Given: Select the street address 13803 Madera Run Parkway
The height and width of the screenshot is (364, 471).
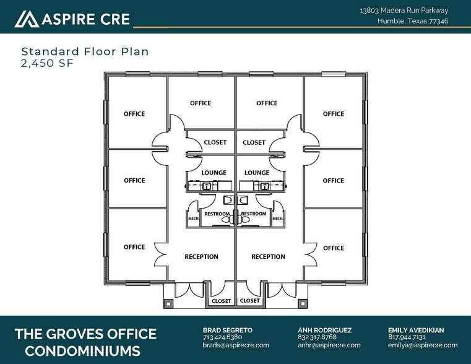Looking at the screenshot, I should (x=404, y=11).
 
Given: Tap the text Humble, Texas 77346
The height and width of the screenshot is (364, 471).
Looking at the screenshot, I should (x=413, y=21).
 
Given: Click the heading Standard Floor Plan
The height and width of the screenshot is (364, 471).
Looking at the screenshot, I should (x=85, y=51).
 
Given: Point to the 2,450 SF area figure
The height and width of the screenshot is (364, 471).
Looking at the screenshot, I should (x=47, y=63).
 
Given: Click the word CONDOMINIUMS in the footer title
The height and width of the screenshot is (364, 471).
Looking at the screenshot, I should (x=77, y=351).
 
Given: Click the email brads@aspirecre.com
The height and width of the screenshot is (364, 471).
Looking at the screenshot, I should (x=236, y=345).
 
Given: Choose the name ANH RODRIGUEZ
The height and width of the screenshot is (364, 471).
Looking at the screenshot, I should (x=324, y=331).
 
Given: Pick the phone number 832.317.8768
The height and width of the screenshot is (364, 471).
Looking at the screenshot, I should (x=317, y=337).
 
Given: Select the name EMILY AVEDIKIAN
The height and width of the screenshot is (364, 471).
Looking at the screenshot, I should (x=416, y=331).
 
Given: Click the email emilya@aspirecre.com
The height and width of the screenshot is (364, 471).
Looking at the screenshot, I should (x=423, y=345).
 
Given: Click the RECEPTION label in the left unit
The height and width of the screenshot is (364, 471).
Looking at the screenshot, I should (x=201, y=257).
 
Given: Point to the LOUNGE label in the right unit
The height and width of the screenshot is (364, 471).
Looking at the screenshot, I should (x=256, y=173).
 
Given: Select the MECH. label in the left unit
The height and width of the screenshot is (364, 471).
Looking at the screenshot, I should (x=192, y=219).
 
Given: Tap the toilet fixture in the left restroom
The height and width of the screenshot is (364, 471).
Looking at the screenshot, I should (x=227, y=200).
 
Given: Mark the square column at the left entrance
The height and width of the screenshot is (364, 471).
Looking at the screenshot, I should (x=167, y=303).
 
